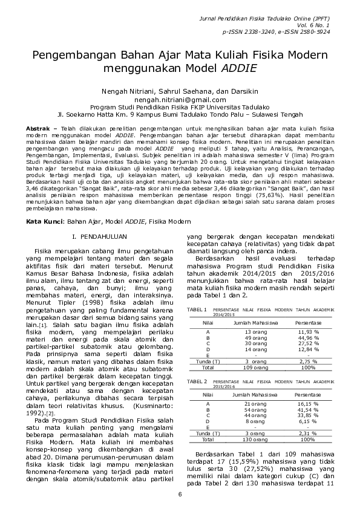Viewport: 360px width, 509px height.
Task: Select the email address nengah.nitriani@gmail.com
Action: point(180,99)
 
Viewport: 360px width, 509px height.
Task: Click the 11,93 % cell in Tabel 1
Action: point(309,332)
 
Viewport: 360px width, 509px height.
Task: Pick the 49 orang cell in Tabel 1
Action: point(255,338)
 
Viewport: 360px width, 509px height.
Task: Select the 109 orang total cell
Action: point(255,367)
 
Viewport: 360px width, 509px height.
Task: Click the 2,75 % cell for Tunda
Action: point(309,361)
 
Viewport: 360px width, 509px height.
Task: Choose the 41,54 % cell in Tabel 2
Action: point(309,409)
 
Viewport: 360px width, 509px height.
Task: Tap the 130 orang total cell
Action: point(255,439)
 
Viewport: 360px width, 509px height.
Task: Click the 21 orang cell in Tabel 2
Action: point(255,403)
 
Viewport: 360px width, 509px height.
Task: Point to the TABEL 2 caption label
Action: point(197,381)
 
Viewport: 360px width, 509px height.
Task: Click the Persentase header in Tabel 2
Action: point(309,394)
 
